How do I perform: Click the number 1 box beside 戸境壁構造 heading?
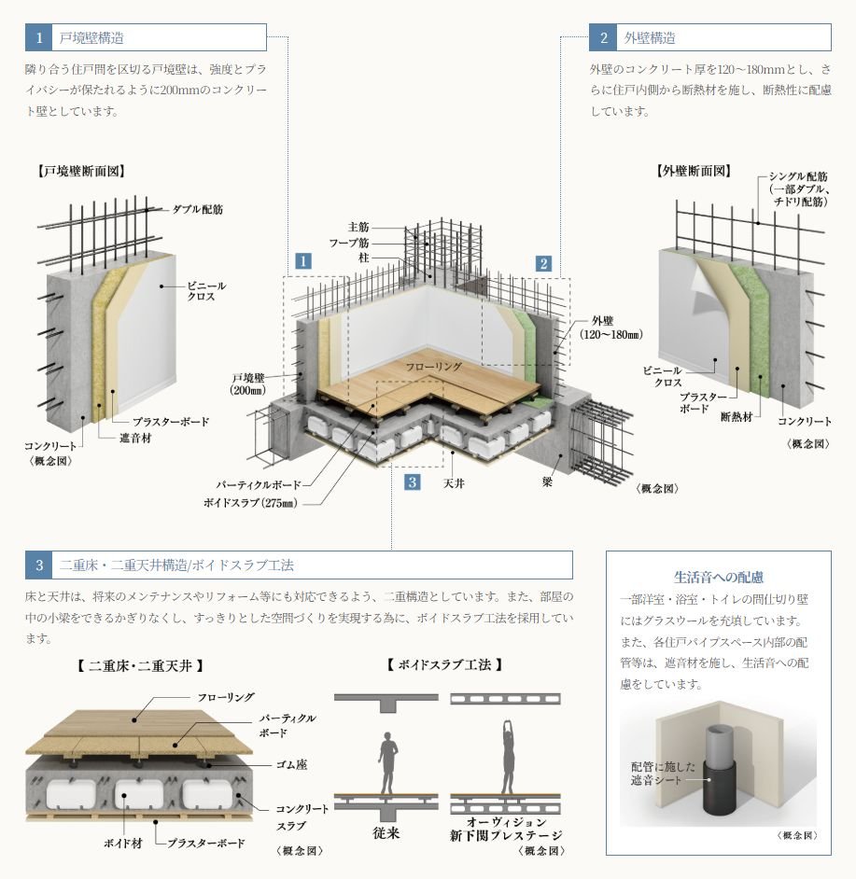[38, 37]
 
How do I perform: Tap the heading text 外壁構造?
[650, 38]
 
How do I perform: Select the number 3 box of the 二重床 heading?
[38, 565]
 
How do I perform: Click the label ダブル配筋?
[197, 209]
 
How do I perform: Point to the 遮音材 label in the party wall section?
[135, 438]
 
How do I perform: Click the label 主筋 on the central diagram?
[358, 227]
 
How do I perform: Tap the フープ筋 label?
[349, 243]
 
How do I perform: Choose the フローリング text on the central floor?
[434, 368]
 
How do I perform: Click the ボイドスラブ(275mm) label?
[251, 503]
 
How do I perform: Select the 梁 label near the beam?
[547, 481]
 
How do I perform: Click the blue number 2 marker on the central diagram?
[543, 263]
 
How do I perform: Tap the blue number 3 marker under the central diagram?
[413, 482]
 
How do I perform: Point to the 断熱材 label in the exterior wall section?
[736, 417]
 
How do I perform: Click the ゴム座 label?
[291, 764]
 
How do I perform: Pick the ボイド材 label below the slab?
[123, 844]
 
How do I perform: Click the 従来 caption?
[386, 833]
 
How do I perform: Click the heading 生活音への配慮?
[719, 578]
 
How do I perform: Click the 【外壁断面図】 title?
[694, 171]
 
